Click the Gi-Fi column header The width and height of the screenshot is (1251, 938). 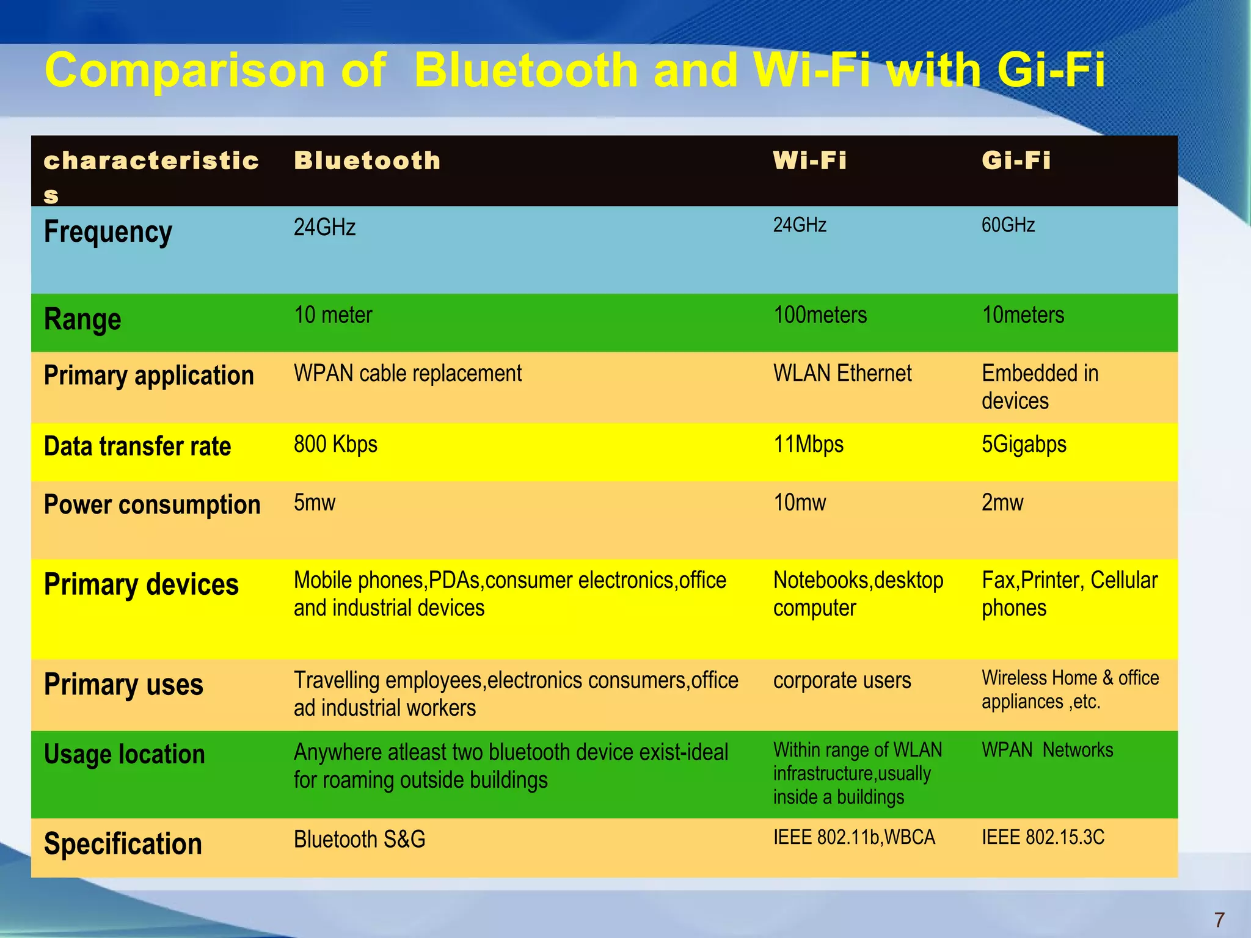1016,161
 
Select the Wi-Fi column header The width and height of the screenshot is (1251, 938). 809,161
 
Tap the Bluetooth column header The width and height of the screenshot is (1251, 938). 367,161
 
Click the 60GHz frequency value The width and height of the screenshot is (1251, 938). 1008,225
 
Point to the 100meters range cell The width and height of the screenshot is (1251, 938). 820,315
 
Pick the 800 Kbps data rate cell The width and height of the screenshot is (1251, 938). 335,445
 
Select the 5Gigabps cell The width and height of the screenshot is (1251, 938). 1024,445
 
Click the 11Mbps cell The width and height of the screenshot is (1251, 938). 808,445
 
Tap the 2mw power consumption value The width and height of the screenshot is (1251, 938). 1002,503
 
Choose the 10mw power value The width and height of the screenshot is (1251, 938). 800,503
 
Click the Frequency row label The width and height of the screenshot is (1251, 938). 108,233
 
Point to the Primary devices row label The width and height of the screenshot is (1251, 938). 141,584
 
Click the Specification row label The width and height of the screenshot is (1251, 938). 123,844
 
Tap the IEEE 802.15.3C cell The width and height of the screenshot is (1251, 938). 1043,837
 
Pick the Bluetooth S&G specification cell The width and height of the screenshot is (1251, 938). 359,840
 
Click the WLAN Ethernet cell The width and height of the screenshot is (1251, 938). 842,373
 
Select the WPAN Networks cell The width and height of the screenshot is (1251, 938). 1047,750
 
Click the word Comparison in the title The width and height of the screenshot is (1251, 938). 185,70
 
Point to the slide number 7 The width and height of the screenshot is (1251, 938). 1219,920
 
